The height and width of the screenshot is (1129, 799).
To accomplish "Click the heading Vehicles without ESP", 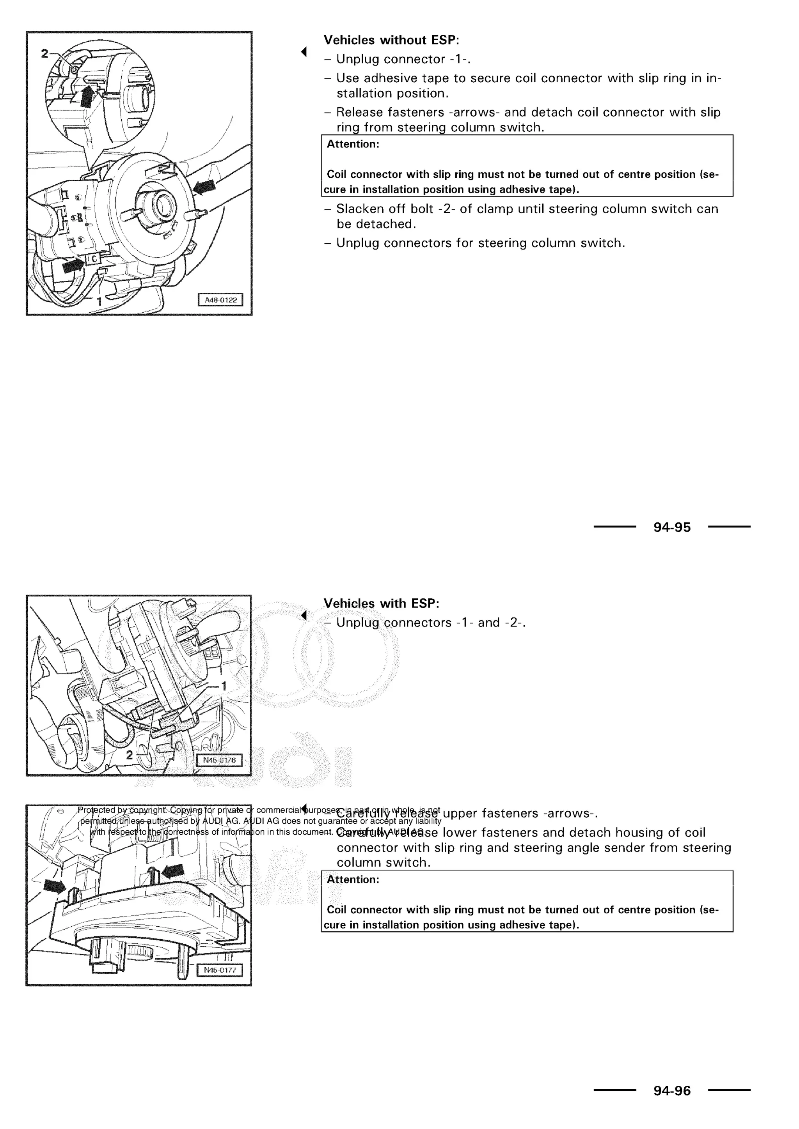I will pyautogui.click(x=391, y=40).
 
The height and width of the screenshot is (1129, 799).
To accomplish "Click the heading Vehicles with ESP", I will pyautogui.click(x=381, y=603).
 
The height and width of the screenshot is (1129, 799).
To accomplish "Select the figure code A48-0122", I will pyautogui.click(x=220, y=300).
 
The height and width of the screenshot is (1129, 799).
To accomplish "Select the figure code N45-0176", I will pyautogui.click(x=219, y=760).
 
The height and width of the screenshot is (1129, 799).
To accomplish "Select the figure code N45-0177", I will pyautogui.click(x=219, y=970).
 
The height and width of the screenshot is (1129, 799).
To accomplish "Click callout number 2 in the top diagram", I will pyautogui.click(x=45, y=53).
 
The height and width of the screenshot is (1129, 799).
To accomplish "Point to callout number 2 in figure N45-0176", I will pyautogui.click(x=130, y=755).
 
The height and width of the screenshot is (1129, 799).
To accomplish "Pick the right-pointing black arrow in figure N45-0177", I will pyautogui.click(x=54, y=887).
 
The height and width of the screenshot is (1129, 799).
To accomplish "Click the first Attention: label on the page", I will pyautogui.click(x=353, y=144).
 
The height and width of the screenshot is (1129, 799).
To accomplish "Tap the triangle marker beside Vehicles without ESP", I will pyautogui.click(x=304, y=51).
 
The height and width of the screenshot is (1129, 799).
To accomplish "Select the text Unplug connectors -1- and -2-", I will pyautogui.click(x=430, y=623).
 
